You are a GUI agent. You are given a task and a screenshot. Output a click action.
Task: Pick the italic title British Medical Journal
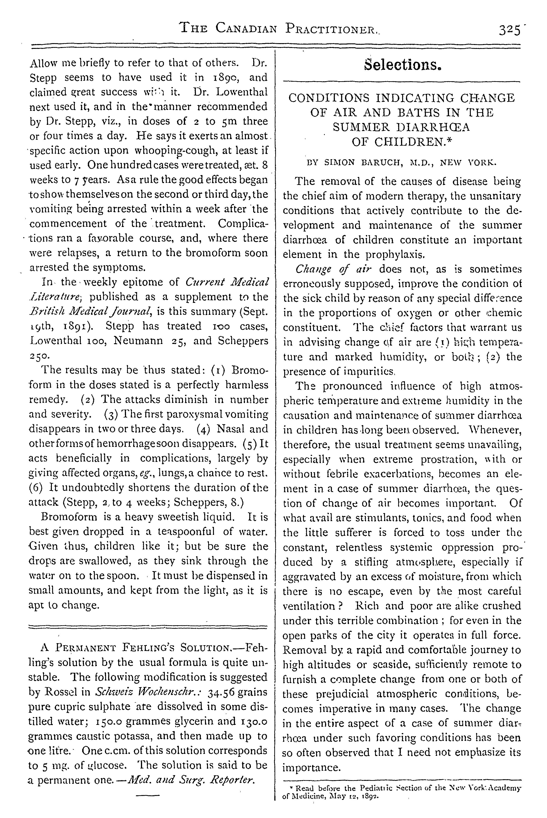[x=89, y=311]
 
